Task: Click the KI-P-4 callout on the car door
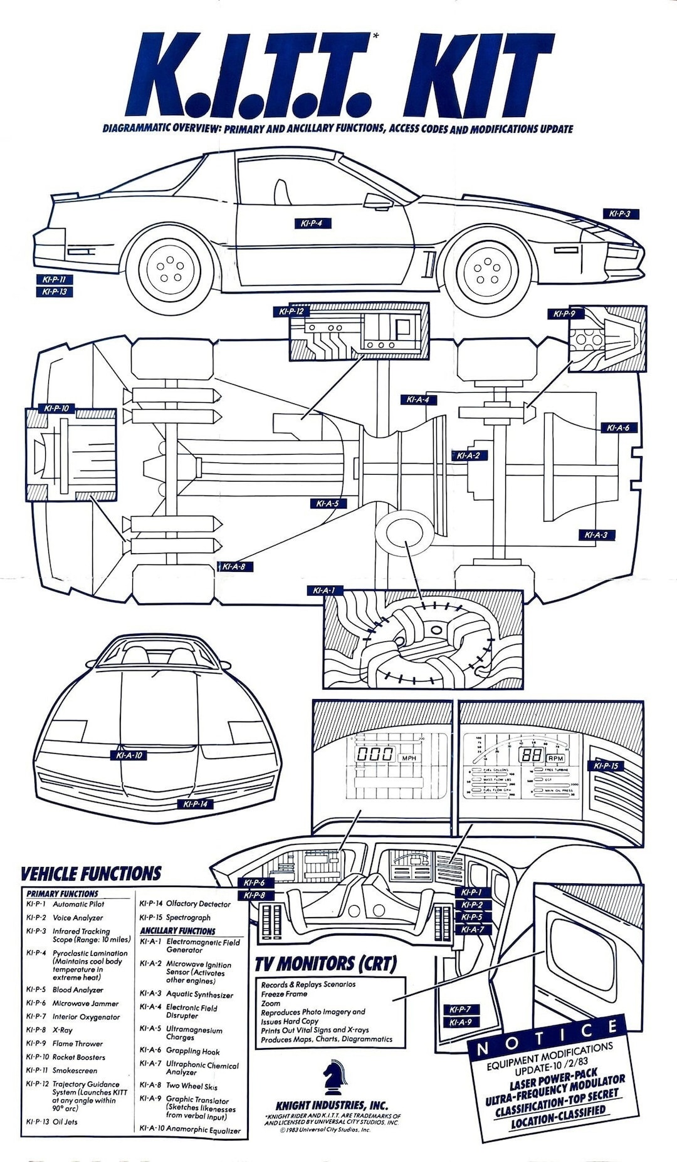click(x=312, y=224)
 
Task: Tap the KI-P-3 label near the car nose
click(x=619, y=214)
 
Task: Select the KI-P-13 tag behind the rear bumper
click(x=54, y=292)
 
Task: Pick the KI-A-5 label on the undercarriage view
click(x=327, y=503)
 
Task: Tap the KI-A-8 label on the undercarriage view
click(x=234, y=566)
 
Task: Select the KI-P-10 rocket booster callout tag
click(x=56, y=408)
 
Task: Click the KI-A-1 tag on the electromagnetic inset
click(x=325, y=590)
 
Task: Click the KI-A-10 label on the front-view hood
click(x=129, y=755)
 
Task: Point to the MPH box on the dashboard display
click(x=408, y=758)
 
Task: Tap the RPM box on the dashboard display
click(x=555, y=758)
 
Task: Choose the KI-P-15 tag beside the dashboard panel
click(x=606, y=765)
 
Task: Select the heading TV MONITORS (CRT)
click(x=326, y=963)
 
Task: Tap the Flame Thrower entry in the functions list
click(x=78, y=1044)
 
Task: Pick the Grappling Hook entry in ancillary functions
click(x=192, y=1051)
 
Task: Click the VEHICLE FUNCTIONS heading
click(x=91, y=874)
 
